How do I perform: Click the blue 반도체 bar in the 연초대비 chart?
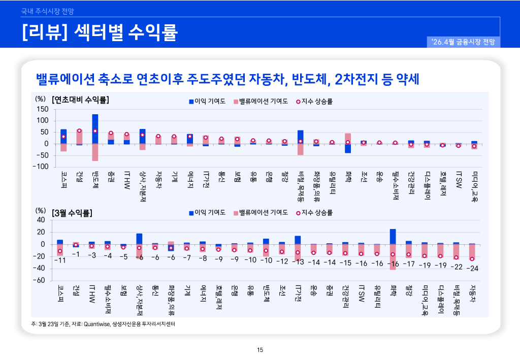click(x=95, y=129)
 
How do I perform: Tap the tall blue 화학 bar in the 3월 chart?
click(x=393, y=237)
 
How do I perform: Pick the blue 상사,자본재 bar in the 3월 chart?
click(x=139, y=239)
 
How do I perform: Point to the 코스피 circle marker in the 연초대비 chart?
click(x=63, y=137)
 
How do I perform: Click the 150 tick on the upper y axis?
click(x=43, y=109)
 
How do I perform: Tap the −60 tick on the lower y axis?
click(x=40, y=280)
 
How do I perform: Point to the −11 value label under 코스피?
click(x=60, y=260)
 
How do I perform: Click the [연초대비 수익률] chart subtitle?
click(x=81, y=100)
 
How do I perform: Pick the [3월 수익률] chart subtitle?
click(x=72, y=213)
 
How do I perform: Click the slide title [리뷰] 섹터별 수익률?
click(x=100, y=32)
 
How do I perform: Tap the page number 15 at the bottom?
click(x=260, y=349)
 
